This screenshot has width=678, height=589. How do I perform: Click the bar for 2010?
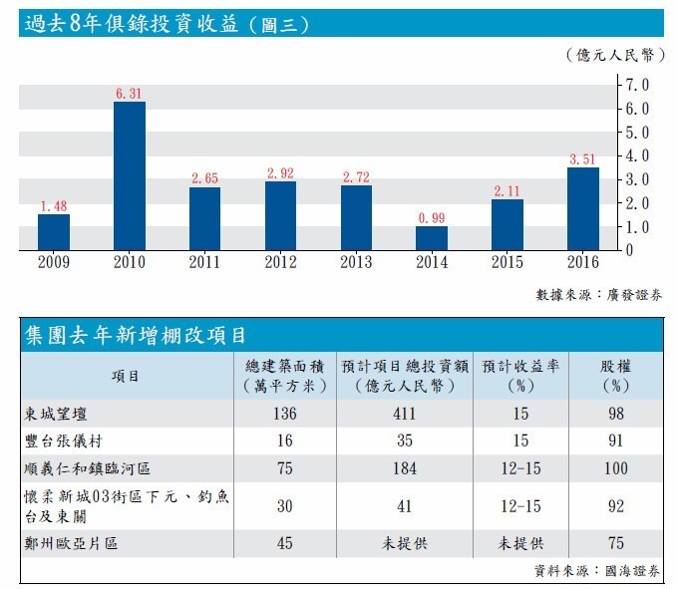[130, 175]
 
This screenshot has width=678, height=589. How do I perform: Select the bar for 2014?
[432, 238]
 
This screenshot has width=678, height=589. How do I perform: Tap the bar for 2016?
[583, 208]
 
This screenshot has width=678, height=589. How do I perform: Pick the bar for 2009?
[54, 232]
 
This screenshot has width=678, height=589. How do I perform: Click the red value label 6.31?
[130, 94]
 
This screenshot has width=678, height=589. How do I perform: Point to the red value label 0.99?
[432, 218]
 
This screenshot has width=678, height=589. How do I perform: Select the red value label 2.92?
[280, 173]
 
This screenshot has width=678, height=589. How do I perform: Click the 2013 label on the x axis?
[356, 263]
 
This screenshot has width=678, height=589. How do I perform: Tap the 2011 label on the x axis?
[205, 263]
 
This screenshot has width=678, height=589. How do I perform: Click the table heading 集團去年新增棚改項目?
[135, 335]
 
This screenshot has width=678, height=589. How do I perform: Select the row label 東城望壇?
[62, 413]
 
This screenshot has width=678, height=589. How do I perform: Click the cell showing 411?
[404, 413]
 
